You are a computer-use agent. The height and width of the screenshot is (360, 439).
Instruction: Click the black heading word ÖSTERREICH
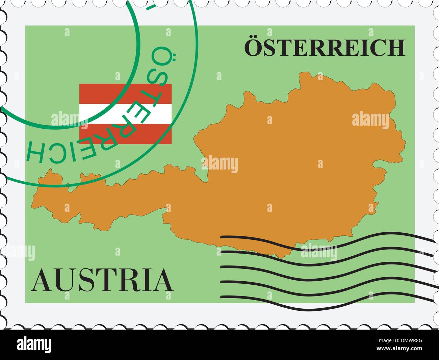coord(324,48)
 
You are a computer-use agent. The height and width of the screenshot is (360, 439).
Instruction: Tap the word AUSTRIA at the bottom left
coord(102,280)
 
